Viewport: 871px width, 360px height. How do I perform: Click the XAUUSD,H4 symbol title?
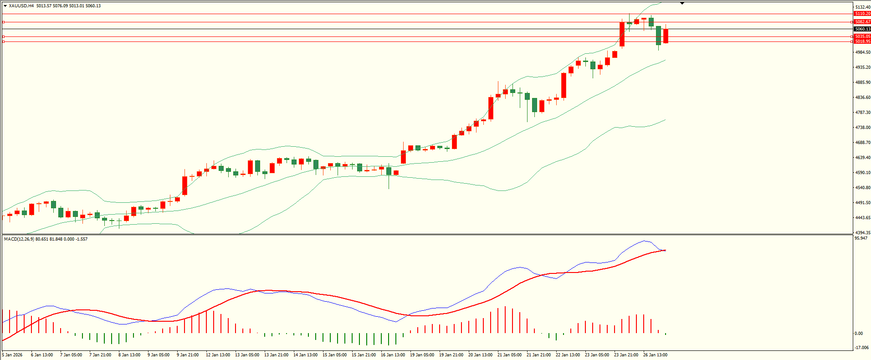coord(21,6)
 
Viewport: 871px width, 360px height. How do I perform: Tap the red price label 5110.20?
coord(862,14)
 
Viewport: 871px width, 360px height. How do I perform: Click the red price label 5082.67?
coord(862,22)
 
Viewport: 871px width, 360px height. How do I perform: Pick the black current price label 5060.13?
coord(862,29)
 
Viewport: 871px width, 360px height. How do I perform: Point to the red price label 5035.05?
coord(862,36)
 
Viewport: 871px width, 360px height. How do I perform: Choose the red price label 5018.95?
coord(862,41)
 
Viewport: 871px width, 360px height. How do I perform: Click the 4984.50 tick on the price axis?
coord(862,52)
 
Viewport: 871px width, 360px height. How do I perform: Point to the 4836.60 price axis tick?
coord(862,98)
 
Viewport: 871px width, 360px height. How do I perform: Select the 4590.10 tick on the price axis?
coord(862,173)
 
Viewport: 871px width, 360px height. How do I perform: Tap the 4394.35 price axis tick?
coord(862,233)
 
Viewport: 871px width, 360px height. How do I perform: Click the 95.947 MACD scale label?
coord(861,238)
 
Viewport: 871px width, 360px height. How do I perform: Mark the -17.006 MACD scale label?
coord(861,348)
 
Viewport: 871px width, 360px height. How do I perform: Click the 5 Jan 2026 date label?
coord(12,355)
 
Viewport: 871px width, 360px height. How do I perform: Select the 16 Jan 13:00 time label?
coord(393,355)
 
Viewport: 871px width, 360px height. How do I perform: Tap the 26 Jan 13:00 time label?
coord(655,355)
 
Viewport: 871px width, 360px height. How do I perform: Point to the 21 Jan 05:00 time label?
coord(509,355)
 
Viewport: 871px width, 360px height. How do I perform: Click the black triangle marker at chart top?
coord(682,4)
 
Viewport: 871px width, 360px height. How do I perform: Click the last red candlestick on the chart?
coord(666,36)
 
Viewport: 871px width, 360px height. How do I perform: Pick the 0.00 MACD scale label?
coord(858,334)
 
